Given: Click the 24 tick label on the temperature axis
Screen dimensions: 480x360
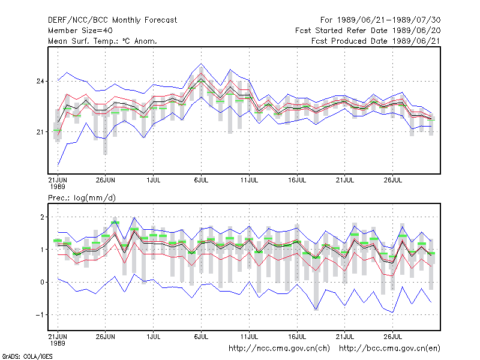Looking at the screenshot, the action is point(40,82).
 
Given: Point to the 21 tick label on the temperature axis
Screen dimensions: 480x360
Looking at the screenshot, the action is point(40,132).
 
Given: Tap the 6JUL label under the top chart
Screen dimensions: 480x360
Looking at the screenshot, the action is point(201,180).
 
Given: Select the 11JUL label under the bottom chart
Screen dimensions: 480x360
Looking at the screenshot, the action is point(249,337).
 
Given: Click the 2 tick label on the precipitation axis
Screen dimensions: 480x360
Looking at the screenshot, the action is point(42,217).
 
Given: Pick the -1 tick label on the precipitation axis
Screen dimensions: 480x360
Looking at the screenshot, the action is point(40,315).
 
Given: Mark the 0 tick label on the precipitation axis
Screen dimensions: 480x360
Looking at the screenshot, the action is point(42,282).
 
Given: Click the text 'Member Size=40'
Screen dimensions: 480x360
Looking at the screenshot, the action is point(80,31).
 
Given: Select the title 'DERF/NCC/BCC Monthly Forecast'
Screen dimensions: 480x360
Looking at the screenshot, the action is point(113,20).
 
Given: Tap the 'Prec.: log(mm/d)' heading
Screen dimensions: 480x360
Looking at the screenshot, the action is point(82,198).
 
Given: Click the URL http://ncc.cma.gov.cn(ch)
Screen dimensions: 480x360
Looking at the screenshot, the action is point(279,349).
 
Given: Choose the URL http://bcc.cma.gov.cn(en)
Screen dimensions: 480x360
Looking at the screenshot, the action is point(389,349).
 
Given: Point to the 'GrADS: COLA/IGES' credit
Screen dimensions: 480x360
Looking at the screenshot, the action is point(28,356).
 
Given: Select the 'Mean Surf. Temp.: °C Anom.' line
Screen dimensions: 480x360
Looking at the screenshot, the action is point(103,41).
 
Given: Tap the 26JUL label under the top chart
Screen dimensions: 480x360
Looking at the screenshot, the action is point(393,180).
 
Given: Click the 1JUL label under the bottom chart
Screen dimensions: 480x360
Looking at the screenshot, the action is point(154,337).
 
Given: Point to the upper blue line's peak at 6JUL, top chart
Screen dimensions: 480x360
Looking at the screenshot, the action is point(201,64).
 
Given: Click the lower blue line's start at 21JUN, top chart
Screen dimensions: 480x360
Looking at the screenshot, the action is point(58,166).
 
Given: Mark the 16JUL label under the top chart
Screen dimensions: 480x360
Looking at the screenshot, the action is point(297,180).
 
